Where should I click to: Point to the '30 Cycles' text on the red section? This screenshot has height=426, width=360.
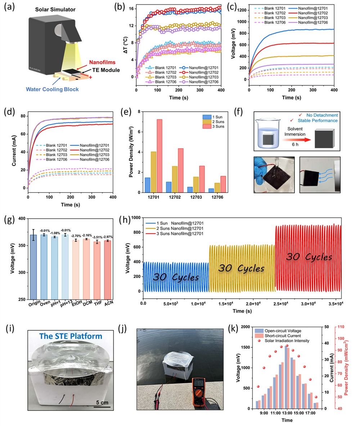coord(309,257)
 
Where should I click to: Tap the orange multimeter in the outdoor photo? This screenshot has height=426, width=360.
coord(199,392)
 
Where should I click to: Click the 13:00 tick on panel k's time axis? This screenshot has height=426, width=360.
coord(287,414)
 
